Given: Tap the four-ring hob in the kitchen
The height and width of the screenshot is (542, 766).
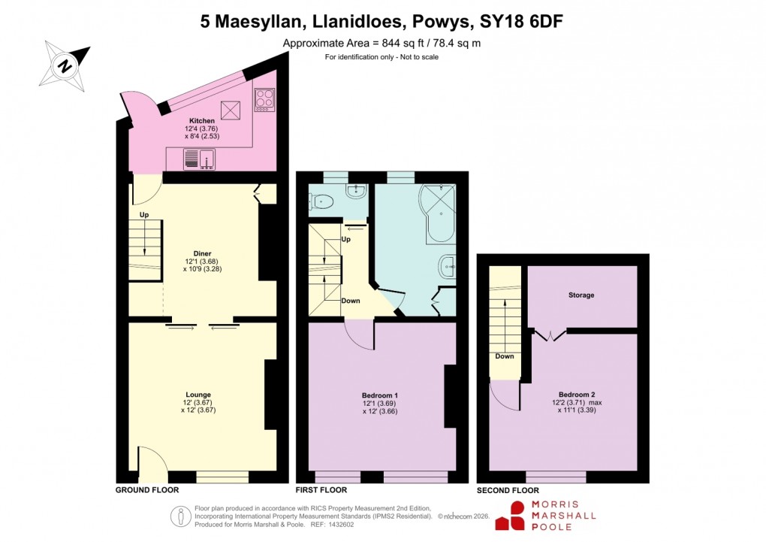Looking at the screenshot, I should click(265, 99).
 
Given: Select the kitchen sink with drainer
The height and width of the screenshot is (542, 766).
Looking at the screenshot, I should click(199, 159).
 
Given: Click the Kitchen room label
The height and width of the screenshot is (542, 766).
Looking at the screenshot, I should click(202, 120).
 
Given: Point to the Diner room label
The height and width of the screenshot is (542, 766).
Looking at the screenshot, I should click(202, 253).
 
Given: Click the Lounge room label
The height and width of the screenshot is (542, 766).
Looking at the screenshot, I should click(198, 395).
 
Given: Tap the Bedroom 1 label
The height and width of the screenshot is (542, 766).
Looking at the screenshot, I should click(380, 395).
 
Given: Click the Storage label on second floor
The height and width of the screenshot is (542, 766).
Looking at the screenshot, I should click(581, 295).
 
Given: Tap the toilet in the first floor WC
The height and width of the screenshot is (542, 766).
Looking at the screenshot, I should click(323, 201).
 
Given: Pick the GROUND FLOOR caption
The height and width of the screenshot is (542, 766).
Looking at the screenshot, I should click(147, 490).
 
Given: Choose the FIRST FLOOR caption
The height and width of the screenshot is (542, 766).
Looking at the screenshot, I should click(324, 490).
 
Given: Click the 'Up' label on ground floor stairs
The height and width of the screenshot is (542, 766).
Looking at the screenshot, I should click(143, 215).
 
